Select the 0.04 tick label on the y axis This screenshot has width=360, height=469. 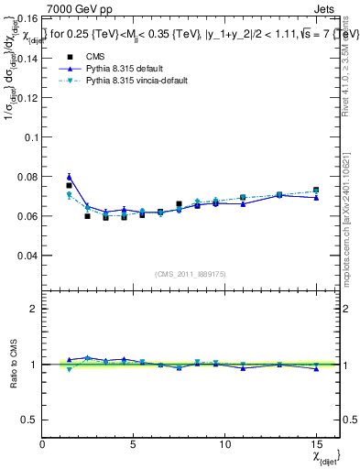click(28, 256)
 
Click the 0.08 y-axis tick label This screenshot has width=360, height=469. click(28, 176)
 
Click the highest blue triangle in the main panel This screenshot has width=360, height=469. click(70, 177)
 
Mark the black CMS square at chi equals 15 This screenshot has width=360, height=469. click(316, 191)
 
